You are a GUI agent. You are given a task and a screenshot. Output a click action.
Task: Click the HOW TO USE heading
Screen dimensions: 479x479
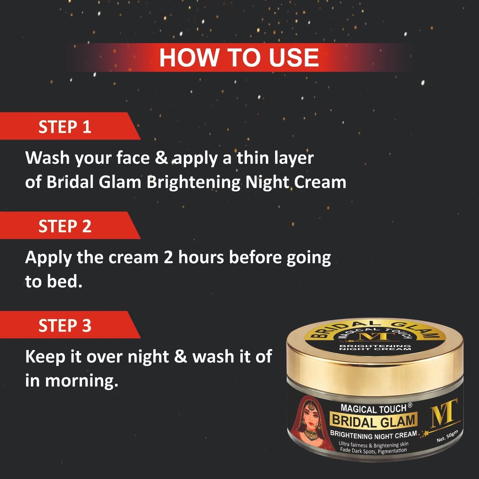coord(239,58)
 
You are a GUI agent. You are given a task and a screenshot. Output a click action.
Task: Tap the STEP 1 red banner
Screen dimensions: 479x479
coord(65,127)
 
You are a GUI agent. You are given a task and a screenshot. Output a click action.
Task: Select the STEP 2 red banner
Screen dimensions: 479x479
coord(65,226)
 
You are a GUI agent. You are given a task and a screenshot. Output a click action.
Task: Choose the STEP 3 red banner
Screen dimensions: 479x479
coord(65,325)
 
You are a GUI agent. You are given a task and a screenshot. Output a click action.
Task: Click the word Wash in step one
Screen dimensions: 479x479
coord(47,158)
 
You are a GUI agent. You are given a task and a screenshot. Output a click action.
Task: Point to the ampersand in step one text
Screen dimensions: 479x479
coord(162,158)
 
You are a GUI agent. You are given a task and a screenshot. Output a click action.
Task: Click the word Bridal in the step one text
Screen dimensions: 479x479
coord(70,182)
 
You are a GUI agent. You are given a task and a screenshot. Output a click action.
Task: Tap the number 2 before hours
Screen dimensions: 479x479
coord(168,257)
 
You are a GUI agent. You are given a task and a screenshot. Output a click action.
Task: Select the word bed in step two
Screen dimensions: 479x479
coord(64,281)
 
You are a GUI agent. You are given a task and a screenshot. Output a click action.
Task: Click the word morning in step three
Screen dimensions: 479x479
coord(82,381)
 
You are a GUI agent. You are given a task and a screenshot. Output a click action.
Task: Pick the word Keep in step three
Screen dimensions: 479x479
coord(45,357)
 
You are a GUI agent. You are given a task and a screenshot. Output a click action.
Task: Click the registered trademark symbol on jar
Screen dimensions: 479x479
coord(410,405)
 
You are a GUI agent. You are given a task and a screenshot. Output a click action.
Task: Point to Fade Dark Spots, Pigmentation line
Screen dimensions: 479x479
coord(373,450)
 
